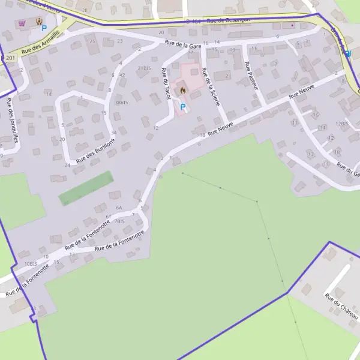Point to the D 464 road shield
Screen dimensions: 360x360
pyautogui.click(x=192, y=22)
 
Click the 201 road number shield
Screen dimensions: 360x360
pyautogui.click(x=9, y=58)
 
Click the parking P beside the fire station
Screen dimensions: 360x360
pyautogui.click(x=183, y=107)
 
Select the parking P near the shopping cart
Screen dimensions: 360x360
pyautogui.click(x=44, y=28)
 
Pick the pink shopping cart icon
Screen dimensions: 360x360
pyautogui.click(x=23, y=23)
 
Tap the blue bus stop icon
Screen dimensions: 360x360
pyautogui.click(x=347, y=53)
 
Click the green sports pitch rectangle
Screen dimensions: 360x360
pyautogui.click(x=85, y=188)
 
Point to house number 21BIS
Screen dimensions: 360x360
pyautogui.click(x=143, y=68)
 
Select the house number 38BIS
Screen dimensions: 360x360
pyautogui.click(x=122, y=103)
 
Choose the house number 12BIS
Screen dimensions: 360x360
pyautogui.click(x=342, y=124)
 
